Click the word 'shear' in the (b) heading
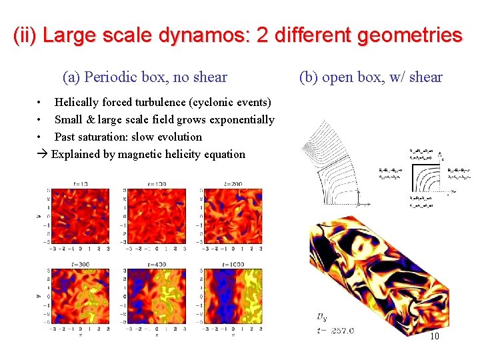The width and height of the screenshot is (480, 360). tap(426, 77)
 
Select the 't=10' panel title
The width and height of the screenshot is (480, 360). tap(81, 183)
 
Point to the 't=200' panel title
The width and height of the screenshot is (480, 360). tap(233, 183)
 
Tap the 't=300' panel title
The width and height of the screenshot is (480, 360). tap(81, 265)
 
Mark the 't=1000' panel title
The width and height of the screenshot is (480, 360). tap(233, 265)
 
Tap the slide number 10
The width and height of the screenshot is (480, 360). tap(434, 336)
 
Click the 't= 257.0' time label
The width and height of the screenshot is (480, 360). tap(335, 330)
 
